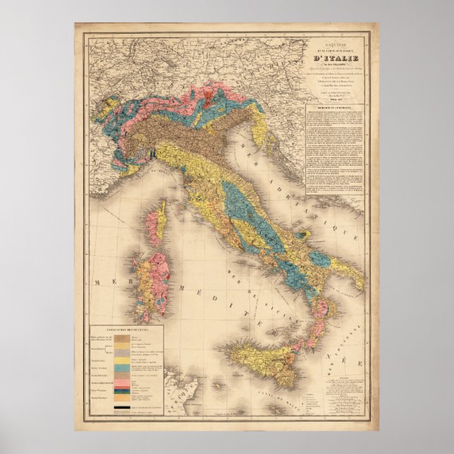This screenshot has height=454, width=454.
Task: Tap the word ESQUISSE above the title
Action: [x=337, y=41]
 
